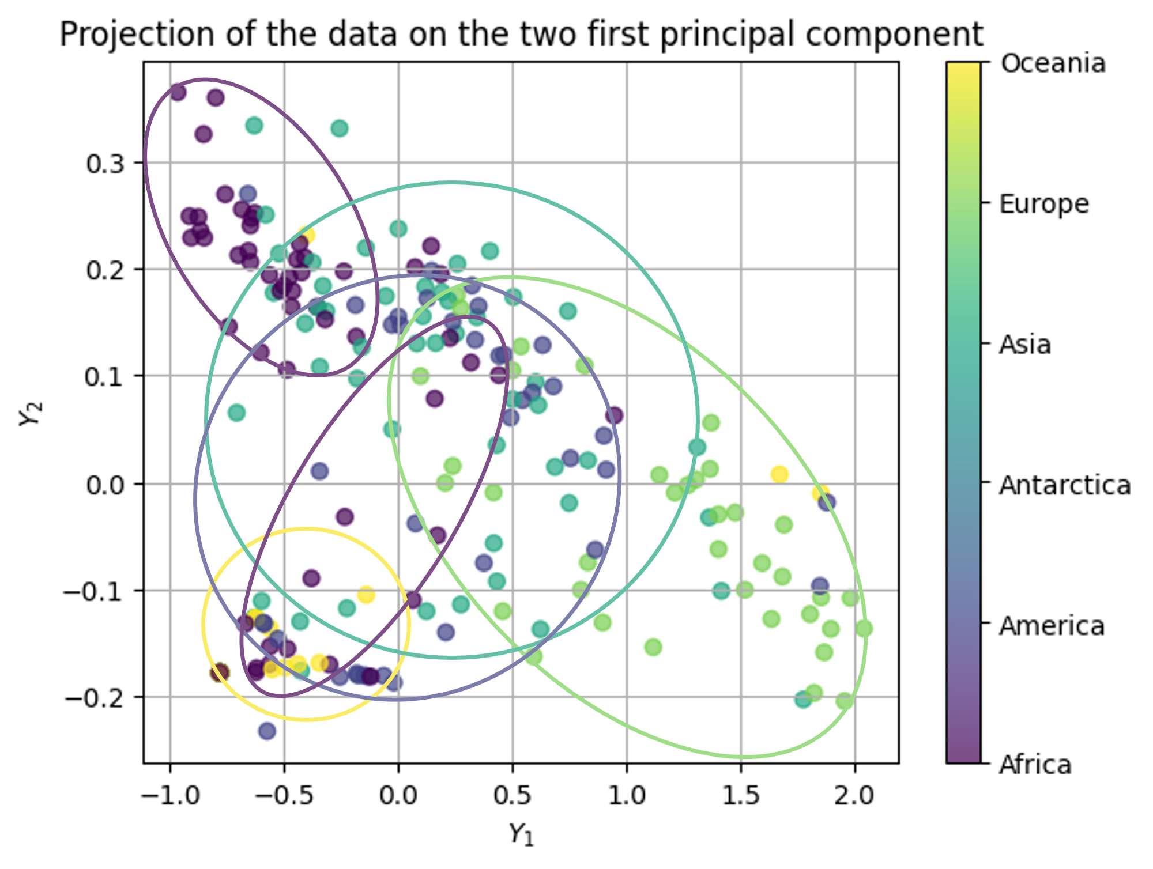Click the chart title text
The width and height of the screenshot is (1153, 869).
pos(521,35)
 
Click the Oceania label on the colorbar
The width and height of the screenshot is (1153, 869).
pos(1053,63)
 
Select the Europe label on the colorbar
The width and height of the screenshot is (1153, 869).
pos(1044,204)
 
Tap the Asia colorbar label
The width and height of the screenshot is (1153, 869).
pos(1025,345)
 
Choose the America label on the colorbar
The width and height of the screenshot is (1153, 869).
pos(1052,626)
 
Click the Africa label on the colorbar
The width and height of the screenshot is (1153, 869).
pos(1035,765)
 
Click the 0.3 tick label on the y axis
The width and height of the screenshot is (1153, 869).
pos(105,164)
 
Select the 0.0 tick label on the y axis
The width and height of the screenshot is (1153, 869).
pos(105,485)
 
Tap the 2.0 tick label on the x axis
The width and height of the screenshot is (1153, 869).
pos(855,796)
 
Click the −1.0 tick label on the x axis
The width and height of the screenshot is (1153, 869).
pos(170,796)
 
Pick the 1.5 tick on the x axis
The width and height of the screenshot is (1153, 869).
pos(741,796)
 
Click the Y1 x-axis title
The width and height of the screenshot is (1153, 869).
pos(521,834)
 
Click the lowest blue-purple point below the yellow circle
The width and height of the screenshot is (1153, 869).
pos(267,731)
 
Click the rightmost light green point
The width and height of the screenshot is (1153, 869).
pos(864,629)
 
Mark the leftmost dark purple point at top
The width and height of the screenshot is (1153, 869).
pos(178,92)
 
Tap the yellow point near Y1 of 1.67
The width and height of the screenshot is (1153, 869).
pos(779,474)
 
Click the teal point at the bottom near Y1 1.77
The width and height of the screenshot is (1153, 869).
pos(802,700)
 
